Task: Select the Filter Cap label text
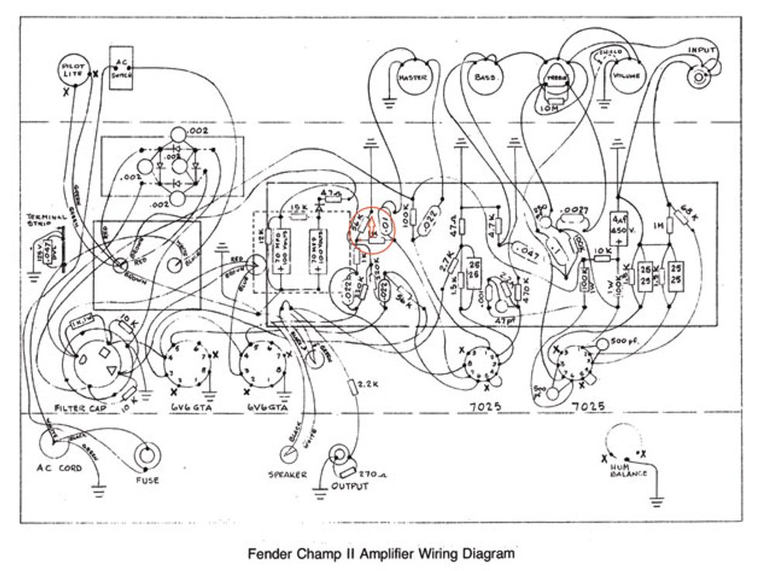[x=81, y=407]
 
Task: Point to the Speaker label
[x=287, y=474]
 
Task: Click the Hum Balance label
[x=629, y=469]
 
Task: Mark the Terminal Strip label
[x=47, y=220]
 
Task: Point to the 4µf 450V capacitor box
[x=618, y=226]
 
